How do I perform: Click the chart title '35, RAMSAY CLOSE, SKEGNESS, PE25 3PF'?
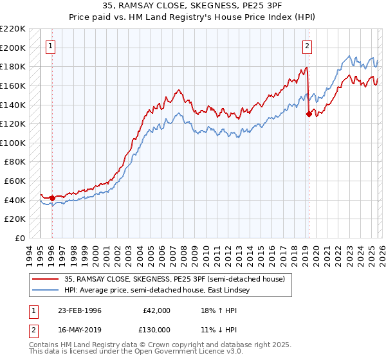tap(193, 6)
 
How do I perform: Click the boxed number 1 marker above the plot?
tap(51, 46)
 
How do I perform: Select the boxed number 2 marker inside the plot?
tap(308, 46)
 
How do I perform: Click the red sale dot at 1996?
tap(52, 198)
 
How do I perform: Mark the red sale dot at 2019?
tap(309, 114)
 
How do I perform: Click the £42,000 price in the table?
tap(157, 310)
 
